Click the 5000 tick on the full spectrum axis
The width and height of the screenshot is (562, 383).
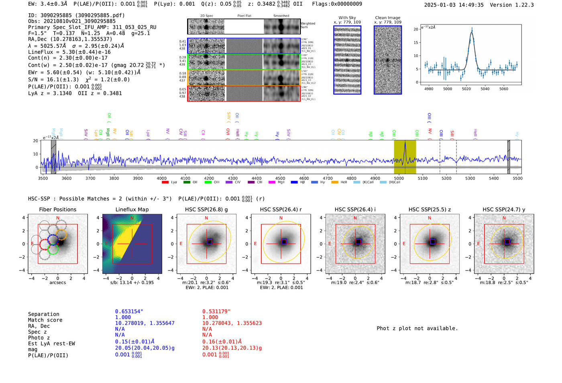click(x=399, y=178)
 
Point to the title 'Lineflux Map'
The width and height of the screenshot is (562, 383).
click(x=132, y=209)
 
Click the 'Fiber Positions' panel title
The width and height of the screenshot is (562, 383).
click(x=57, y=209)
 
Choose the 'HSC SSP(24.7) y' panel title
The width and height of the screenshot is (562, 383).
click(x=503, y=209)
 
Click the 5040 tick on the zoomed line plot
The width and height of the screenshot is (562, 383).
click(x=485, y=89)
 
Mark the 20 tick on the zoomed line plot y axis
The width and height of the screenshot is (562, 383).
click(x=416, y=29)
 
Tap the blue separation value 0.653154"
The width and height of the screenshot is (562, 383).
click(x=129, y=311)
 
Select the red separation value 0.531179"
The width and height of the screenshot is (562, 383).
click(x=216, y=311)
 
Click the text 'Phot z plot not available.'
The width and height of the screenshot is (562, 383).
click(x=417, y=328)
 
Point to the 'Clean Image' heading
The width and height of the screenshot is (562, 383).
click(x=387, y=18)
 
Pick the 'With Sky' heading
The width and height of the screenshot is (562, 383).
click(x=347, y=18)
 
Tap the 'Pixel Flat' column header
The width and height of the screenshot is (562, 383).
click(x=244, y=16)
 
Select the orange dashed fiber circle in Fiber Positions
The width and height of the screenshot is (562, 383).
click(x=61, y=234)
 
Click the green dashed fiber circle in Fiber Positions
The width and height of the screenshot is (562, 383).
click(x=53, y=249)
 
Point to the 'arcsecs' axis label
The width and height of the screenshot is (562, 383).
click(x=57, y=283)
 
